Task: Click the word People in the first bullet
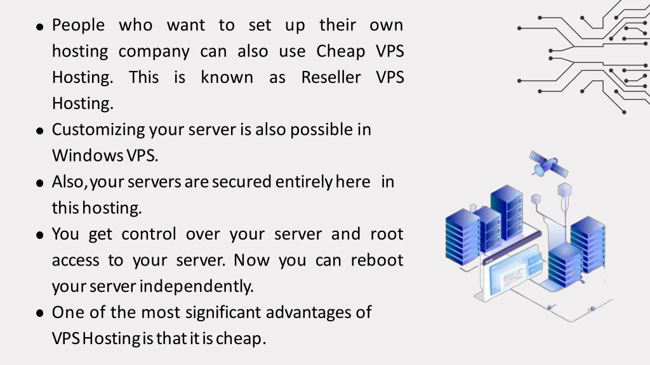click(x=78, y=25)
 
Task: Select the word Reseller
click(x=331, y=77)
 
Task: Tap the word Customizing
click(x=98, y=130)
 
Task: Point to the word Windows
click(x=88, y=156)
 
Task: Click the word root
click(x=387, y=234)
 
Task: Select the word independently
click(x=196, y=286)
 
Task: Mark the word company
click(x=154, y=52)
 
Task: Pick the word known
click(x=227, y=77)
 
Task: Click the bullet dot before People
click(x=40, y=27)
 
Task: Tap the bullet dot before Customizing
click(x=40, y=131)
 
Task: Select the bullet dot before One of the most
click(x=40, y=314)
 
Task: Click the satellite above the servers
click(x=548, y=164)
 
